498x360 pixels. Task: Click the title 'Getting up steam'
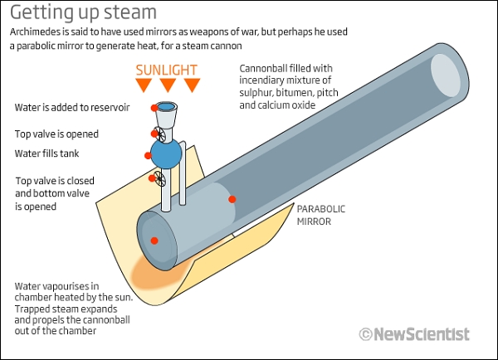83,12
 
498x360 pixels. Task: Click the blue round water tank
167,153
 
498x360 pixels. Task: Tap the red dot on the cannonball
232,199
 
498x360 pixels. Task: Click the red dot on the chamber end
154,241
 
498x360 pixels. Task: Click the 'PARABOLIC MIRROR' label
320,215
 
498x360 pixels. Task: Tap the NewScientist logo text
421,334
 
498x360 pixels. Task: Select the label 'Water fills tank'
51,153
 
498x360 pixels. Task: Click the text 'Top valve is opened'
56,134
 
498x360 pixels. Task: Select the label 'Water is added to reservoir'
71,108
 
